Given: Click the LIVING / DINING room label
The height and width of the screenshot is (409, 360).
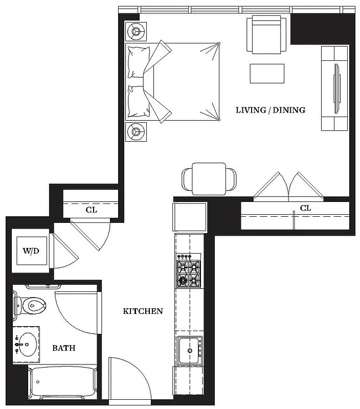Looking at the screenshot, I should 271,110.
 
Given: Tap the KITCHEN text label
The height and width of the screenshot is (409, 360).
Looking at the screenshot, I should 143,311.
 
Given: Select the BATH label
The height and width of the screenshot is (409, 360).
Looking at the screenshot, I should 64,348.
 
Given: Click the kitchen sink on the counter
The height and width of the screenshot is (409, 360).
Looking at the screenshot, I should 190,351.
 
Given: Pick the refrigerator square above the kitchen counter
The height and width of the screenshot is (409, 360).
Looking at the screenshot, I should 190,217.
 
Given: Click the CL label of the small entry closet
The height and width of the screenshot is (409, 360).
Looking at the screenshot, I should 92,210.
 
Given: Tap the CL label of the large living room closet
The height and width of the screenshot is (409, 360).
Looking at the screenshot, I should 305,209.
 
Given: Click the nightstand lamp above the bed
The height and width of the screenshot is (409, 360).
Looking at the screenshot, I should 137,32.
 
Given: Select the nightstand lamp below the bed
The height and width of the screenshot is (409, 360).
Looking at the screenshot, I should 137,132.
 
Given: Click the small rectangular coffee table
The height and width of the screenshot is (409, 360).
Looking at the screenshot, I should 267,73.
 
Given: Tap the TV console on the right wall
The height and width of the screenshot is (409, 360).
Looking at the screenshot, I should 335,88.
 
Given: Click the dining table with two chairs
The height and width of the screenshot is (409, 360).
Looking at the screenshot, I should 209,178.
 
